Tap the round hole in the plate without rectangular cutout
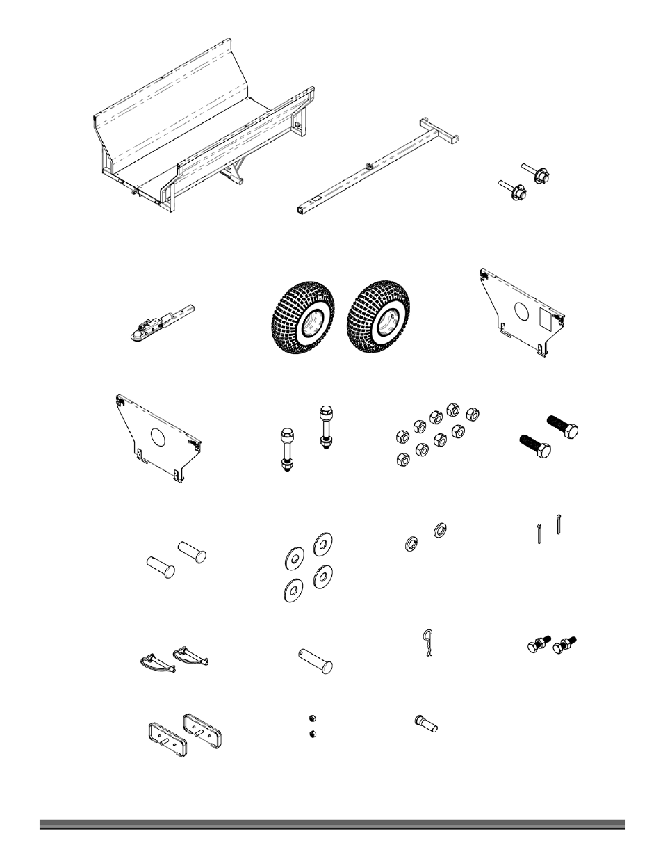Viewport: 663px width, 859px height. [x=157, y=438]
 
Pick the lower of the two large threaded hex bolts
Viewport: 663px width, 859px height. [x=537, y=445]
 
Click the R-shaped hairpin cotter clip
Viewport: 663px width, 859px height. [x=428, y=644]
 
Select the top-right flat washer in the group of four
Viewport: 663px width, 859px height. [x=323, y=545]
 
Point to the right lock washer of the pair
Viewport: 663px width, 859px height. [x=440, y=530]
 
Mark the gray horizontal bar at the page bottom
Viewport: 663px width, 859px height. [x=331, y=825]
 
